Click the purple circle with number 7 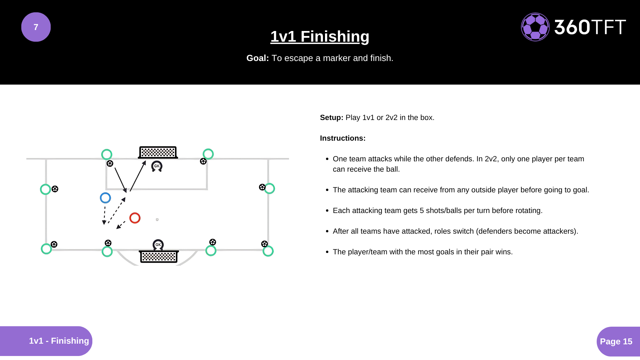(x=36, y=27)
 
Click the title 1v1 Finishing (x=320, y=36)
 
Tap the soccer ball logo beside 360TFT (x=535, y=27)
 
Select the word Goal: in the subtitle (x=257, y=58)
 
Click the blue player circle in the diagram (x=105, y=198)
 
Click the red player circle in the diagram (x=135, y=218)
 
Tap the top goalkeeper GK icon (x=157, y=166)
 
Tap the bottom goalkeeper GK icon (x=158, y=245)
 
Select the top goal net (x=158, y=152)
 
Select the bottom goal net (x=159, y=257)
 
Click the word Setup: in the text (x=331, y=118)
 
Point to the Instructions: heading (x=343, y=138)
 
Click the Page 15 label (x=616, y=341)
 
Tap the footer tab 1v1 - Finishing (x=59, y=341)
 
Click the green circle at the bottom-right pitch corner (x=268, y=251)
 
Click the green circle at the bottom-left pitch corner (x=46, y=249)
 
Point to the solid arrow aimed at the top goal (x=138, y=176)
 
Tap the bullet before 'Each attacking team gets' (x=327, y=211)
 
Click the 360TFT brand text (x=590, y=27)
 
